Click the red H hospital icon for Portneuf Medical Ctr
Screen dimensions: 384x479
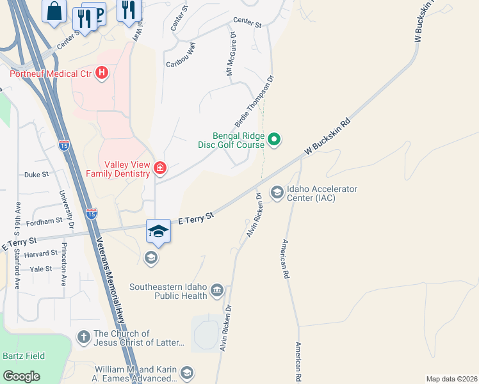click(x=101, y=73)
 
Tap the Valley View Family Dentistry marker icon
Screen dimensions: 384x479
click(x=159, y=169)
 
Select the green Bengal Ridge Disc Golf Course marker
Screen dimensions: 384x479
click(x=274, y=139)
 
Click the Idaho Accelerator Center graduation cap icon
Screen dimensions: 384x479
click(x=277, y=193)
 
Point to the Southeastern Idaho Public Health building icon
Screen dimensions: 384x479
click(x=217, y=291)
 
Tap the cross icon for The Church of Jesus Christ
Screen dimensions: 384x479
click(x=83, y=337)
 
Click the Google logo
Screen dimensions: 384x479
click(x=22, y=376)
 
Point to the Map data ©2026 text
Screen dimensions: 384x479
click(x=451, y=379)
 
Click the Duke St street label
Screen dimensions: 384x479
click(x=36, y=174)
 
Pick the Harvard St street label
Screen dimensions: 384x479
click(x=40, y=253)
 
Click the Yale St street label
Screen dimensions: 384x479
click(x=40, y=269)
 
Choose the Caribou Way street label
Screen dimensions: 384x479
click(x=181, y=56)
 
